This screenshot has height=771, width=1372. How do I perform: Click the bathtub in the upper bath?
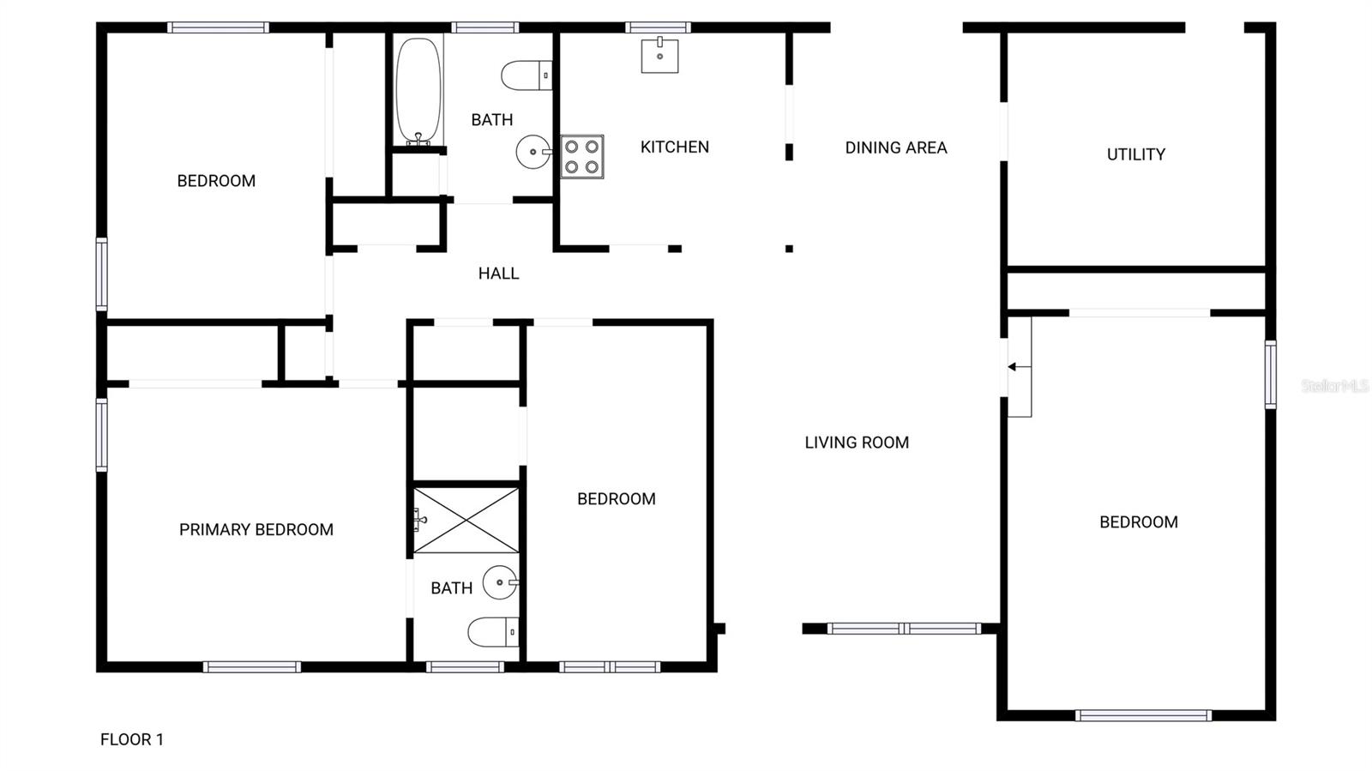click(418, 90)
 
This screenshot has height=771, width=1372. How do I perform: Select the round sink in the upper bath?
click(533, 153)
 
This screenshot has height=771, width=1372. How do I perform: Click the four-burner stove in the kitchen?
click(582, 157)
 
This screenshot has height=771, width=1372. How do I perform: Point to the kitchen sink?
click(659, 56)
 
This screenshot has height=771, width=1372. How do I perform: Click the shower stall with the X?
click(466, 521)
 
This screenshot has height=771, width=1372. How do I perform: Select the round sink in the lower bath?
click(500, 583)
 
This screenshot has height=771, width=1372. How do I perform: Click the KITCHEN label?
click(675, 148)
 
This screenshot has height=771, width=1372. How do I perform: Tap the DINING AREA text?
click(896, 148)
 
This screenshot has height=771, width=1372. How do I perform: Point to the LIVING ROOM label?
click(857, 443)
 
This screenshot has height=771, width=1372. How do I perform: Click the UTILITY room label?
click(1136, 154)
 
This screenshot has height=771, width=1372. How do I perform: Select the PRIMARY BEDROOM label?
click(256, 530)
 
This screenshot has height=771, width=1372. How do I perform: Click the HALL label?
click(498, 274)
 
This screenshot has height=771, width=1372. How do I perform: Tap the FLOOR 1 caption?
click(132, 739)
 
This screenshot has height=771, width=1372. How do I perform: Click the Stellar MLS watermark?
click(1334, 386)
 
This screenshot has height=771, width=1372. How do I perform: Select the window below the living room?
click(904, 629)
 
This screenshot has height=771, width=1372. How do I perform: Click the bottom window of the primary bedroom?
click(252, 666)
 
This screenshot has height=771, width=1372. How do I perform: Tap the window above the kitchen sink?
click(658, 27)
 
